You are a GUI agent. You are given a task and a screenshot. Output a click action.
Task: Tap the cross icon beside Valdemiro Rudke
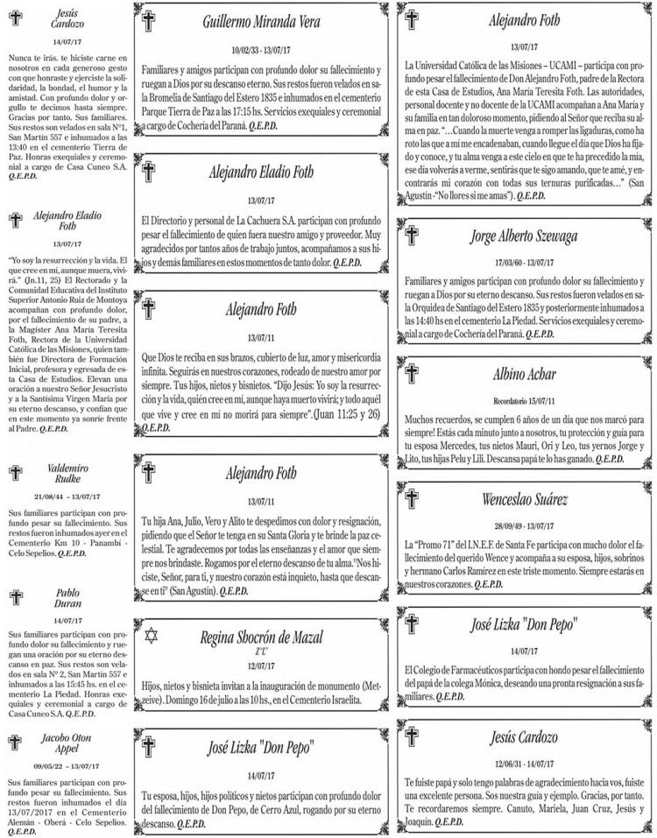coord(14,474)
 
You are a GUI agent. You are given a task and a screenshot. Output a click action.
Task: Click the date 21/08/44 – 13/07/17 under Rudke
coord(61,496)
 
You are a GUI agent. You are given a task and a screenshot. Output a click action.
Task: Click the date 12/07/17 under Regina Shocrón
coord(264,665)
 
